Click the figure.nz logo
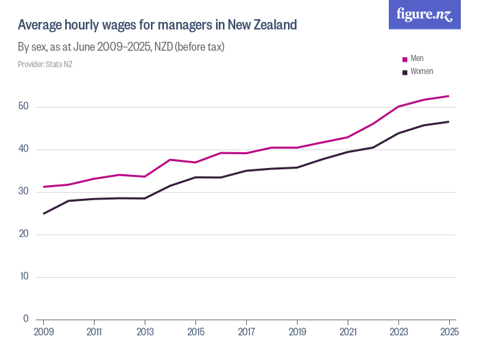click(425, 14)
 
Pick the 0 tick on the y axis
click(25, 319)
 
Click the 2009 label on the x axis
click(43, 332)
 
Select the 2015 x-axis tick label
click(195, 332)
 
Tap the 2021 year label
click(348, 332)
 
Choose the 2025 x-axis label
click(449, 332)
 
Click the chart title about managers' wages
click(157, 25)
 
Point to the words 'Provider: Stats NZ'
click(45, 64)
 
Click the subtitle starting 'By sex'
click(121, 47)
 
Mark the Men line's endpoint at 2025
click(449, 96)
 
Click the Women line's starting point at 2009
click(44, 213)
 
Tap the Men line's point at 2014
click(170, 160)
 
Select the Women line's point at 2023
click(398, 133)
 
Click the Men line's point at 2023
click(398, 106)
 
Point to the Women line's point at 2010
click(69, 200)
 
